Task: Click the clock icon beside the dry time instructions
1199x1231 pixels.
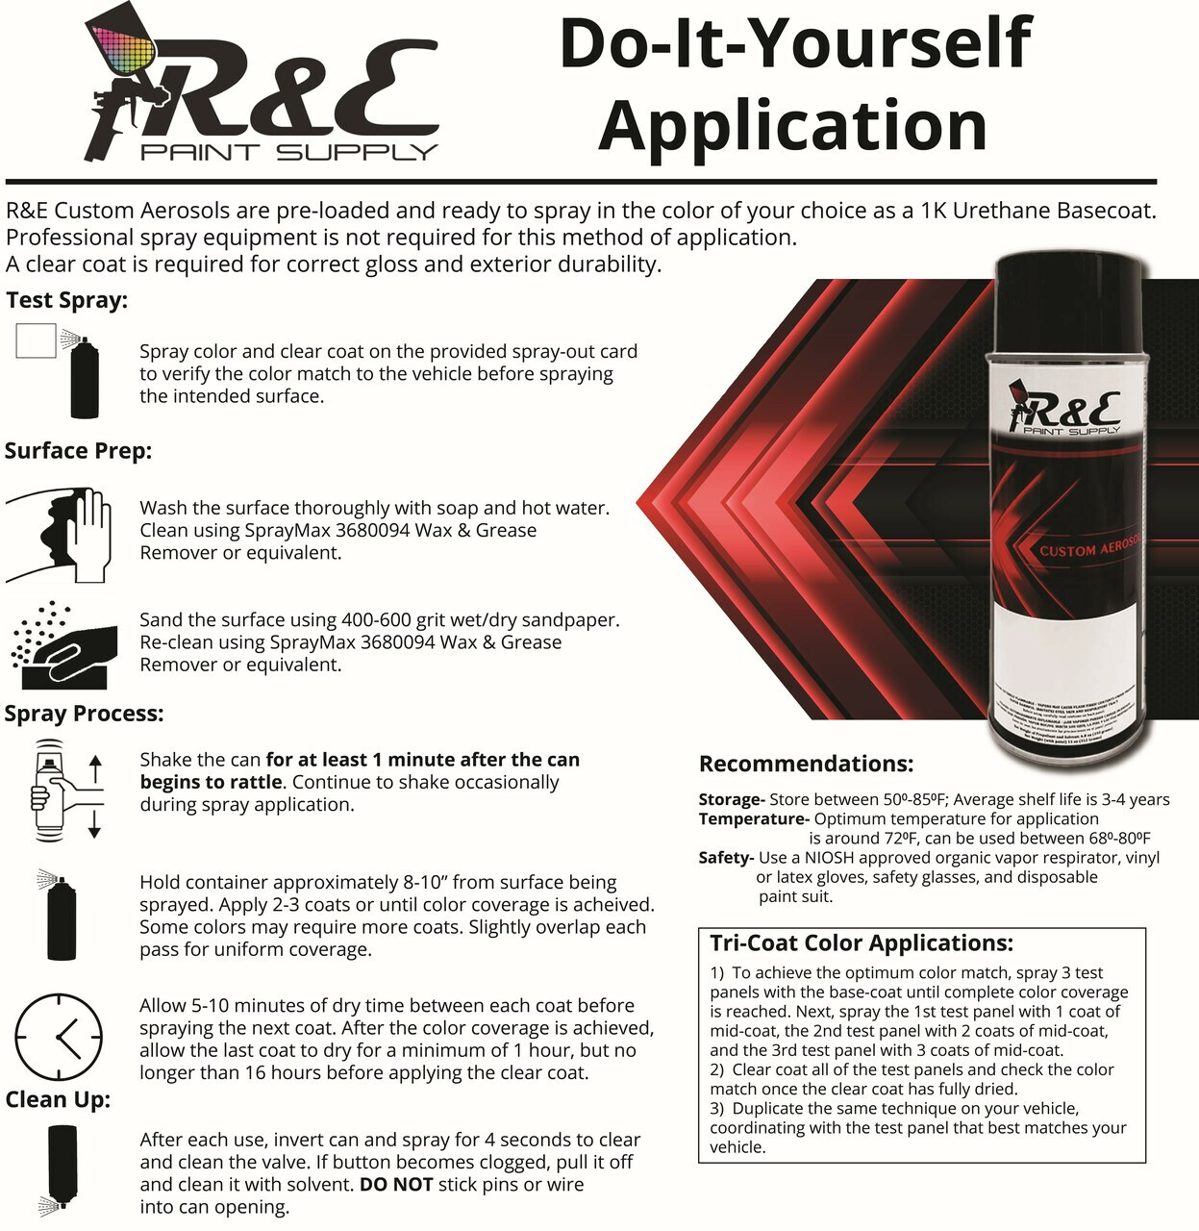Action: click(x=59, y=1039)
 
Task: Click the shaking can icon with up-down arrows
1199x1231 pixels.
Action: click(x=63, y=790)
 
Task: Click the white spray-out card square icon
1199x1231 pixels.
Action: click(x=36, y=340)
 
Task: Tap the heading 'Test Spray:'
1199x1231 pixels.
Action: click(x=66, y=300)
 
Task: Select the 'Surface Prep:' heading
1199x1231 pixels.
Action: click(x=78, y=451)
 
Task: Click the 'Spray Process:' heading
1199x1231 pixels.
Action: click(x=84, y=714)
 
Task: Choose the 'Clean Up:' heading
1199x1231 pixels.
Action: click(x=58, y=1099)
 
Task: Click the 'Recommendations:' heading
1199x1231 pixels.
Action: click(x=806, y=765)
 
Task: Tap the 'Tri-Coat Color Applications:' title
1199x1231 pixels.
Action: click(x=862, y=943)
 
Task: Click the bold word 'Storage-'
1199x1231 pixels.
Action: click(x=732, y=799)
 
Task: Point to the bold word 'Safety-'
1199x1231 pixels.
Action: click(x=726, y=858)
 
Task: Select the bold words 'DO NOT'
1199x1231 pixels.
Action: click(x=395, y=1185)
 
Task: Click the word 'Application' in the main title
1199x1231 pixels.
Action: click(x=792, y=126)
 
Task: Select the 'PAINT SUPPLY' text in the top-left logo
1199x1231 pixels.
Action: click(x=288, y=152)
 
